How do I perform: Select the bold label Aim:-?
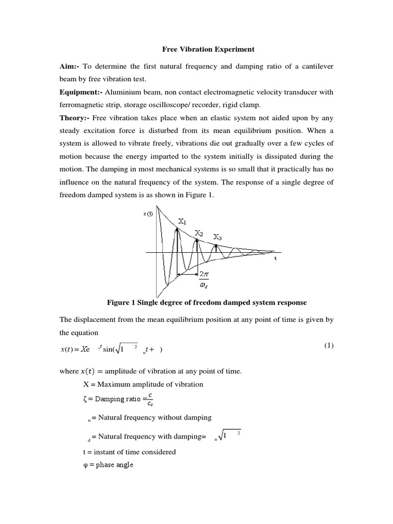tap(70, 67)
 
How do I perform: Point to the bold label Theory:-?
tap(75, 118)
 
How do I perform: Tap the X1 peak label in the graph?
tap(182, 222)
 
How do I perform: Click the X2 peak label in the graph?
tap(199, 234)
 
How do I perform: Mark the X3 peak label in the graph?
tap(217, 237)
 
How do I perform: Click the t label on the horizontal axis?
tap(275, 258)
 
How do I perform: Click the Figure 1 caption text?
tap(207, 302)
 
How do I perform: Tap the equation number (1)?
tap(328, 345)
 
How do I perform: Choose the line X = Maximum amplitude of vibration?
tap(143, 384)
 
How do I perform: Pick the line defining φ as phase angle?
tap(108, 465)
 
